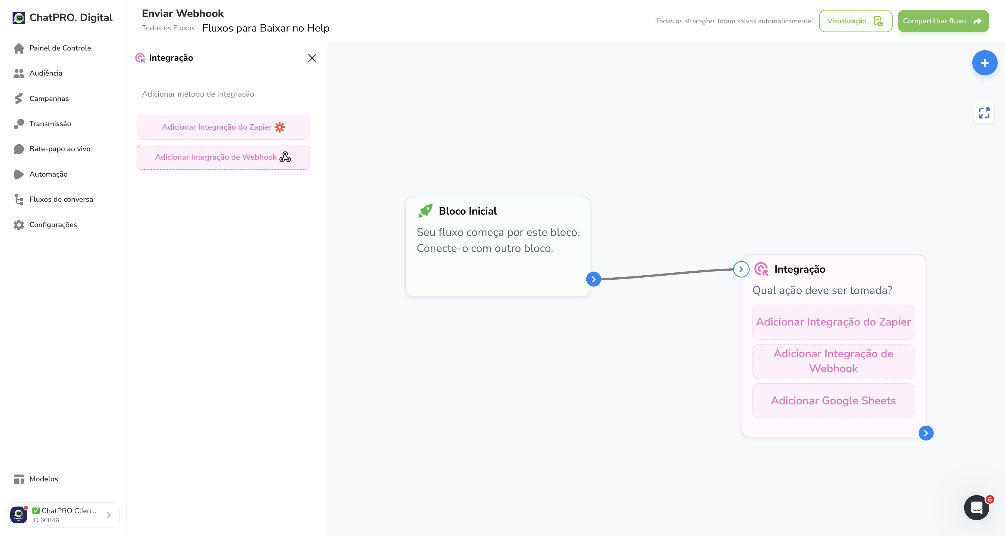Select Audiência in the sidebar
pos(46,73)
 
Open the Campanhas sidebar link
pos(49,99)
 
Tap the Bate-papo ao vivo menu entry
pos(60,149)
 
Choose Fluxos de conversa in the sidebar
pos(61,199)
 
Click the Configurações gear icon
pos(19,225)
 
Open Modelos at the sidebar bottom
pos(43,479)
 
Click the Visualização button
pos(855,21)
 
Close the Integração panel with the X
pos(312,58)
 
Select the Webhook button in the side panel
pos(223,157)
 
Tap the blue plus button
pos(984,63)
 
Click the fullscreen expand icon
pos(984,113)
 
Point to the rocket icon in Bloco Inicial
pos(425,211)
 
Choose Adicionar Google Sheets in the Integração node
pos(833,401)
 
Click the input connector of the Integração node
pos(741,269)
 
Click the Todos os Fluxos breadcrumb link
pos(168,28)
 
